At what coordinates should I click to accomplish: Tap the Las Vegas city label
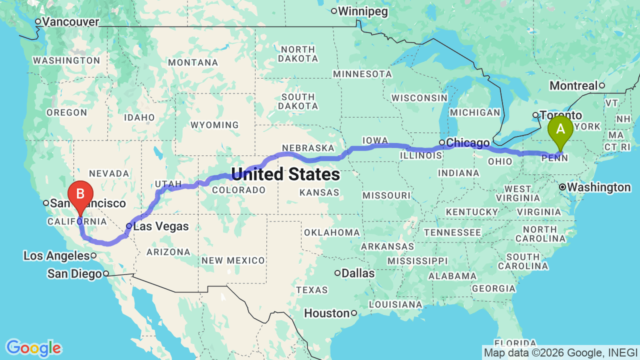[x=160, y=226]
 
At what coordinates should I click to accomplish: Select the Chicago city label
[x=467, y=143]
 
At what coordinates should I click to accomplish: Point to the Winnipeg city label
[x=362, y=11]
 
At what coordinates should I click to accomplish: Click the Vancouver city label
[x=70, y=22]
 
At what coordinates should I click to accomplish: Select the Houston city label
[x=327, y=313]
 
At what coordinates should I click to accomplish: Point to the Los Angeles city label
[x=56, y=256]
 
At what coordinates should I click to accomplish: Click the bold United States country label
[x=285, y=174]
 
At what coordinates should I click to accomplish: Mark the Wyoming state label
[x=215, y=125]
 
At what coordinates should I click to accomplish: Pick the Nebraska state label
[x=307, y=148]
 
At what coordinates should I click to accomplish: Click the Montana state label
[x=193, y=62]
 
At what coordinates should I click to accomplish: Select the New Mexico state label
[x=233, y=260]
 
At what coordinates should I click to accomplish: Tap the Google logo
[x=33, y=348]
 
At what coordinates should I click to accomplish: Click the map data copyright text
[x=560, y=353]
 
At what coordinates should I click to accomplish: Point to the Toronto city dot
[x=535, y=115]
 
